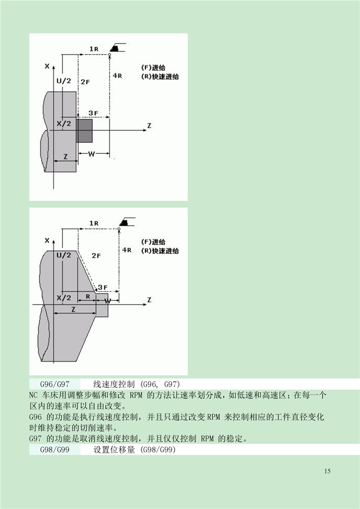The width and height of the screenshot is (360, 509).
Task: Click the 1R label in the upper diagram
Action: coord(94,49)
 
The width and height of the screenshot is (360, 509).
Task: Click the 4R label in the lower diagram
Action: coord(127,250)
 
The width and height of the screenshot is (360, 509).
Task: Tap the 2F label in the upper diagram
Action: coord(85,82)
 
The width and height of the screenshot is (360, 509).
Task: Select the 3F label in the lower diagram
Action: coord(103,287)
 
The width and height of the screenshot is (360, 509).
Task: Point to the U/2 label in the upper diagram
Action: coord(63,81)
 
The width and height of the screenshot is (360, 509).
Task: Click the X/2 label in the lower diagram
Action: coord(63,298)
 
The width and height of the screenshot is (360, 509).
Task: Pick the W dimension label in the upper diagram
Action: coord(91,154)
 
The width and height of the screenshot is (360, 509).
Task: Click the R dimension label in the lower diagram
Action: coord(88,297)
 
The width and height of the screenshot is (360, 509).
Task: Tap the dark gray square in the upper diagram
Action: coord(84,131)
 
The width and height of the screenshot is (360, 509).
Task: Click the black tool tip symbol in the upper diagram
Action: coord(114,48)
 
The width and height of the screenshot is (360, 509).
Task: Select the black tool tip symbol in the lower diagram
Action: coord(124,223)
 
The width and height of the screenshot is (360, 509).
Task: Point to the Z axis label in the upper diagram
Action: coord(149,126)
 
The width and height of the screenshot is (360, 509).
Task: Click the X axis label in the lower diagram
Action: coord(47,241)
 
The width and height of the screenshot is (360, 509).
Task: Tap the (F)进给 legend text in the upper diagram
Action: coord(153,68)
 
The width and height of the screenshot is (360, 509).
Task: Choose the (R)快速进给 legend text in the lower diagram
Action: coord(160,251)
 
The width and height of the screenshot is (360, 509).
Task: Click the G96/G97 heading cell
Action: coord(55,384)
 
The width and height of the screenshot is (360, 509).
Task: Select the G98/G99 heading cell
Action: coord(55,450)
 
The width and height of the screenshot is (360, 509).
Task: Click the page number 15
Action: coord(327,471)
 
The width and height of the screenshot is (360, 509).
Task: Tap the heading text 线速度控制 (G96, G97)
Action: coord(136,384)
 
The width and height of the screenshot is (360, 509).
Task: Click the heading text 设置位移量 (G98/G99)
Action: coord(134,450)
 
